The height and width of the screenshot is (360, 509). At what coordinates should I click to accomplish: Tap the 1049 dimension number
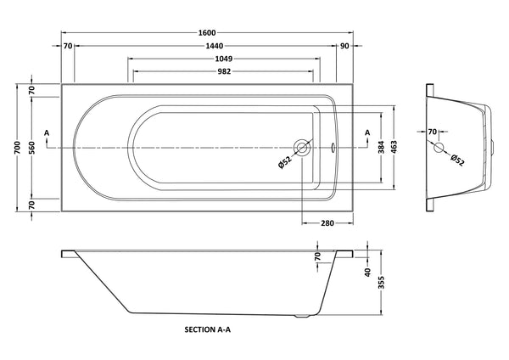click(x=224, y=59)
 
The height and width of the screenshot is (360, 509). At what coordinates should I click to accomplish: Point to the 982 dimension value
click(x=224, y=73)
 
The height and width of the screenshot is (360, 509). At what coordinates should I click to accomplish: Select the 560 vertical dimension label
click(x=31, y=148)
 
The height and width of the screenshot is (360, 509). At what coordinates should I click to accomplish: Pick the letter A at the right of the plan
click(x=366, y=132)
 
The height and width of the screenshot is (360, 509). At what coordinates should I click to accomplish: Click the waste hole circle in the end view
click(x=439, y=148)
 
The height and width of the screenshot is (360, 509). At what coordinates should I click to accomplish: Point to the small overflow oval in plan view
click(x=333, y=148)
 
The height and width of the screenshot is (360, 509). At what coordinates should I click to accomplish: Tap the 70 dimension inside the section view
click(x=317, y=256)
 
